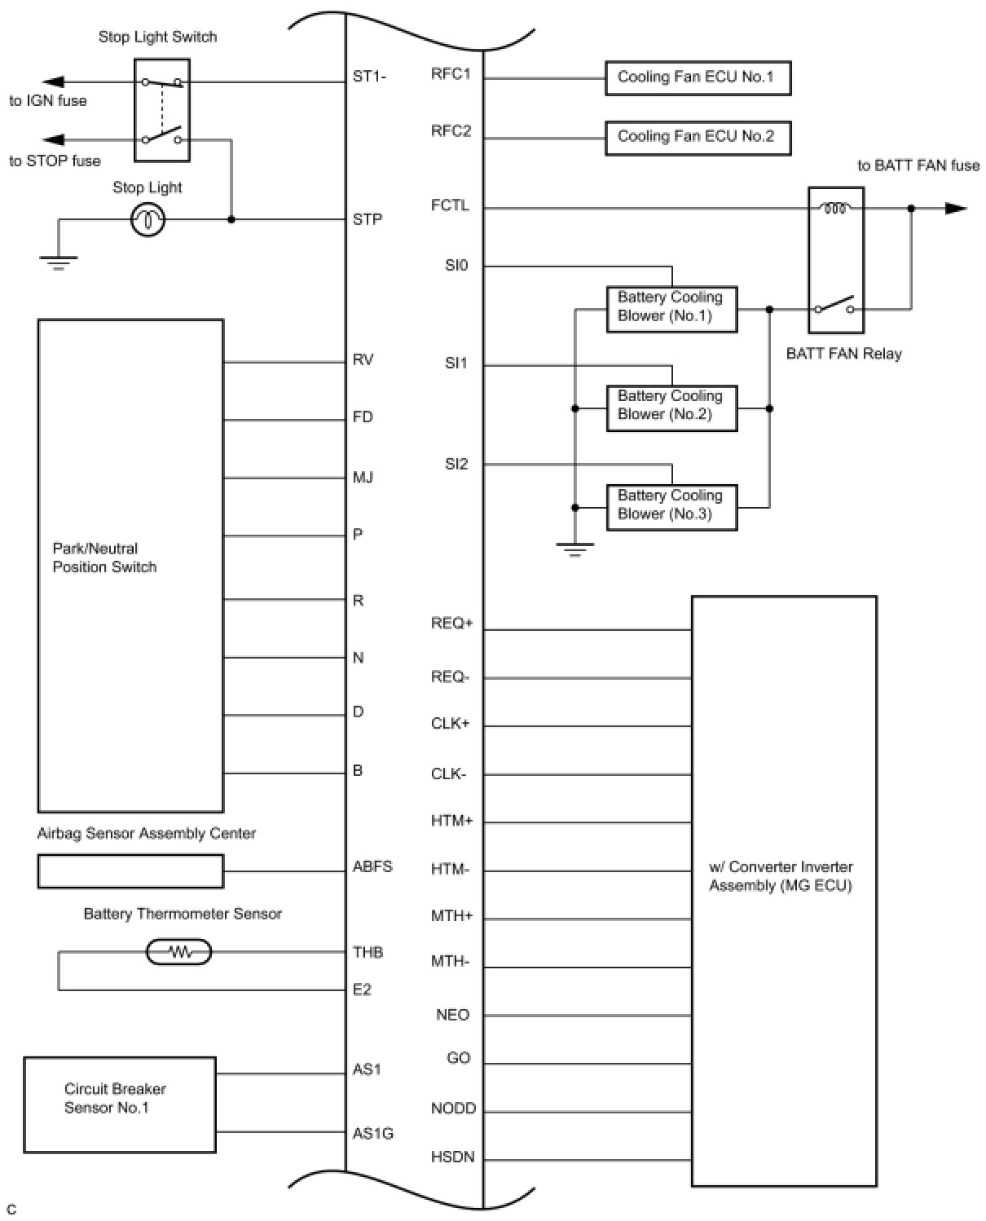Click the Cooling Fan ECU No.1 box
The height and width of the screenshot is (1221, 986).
click(x=698, y=78)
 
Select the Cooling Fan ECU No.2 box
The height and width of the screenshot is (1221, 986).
click(x=698, y=137)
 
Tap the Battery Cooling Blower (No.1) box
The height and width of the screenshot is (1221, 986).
click(x=671, y=308)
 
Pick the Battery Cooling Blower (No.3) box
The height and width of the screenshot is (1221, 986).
click(x=671, y=506)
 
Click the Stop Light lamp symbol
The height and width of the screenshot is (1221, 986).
click(x=148, y=219)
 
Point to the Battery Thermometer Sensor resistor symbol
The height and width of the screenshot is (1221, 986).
click(x=178, y=951)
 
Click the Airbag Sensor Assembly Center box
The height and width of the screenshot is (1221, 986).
click(x=130, y=871)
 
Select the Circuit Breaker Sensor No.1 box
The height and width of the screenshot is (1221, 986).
click(x=120, y=1104)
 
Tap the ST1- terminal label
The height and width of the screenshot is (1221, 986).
click(x=370, y=77)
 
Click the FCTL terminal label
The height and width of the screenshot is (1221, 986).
click(x=450, y=205)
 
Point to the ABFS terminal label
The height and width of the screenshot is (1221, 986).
click(x=372, y=866)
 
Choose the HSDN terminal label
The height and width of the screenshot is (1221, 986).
click(x=452, y=1157)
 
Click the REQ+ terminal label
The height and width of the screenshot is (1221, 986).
click(x=451, y=624)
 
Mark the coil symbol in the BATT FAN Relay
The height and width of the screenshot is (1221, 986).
click(x=835, y=209)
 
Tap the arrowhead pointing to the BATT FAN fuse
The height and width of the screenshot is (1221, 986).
click(x=955, y=209)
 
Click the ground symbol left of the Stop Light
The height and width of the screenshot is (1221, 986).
click(x=58, y=262)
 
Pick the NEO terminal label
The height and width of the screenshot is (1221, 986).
click(x=452, y=1015)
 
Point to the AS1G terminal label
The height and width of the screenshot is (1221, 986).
click(x=373, y=1133)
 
